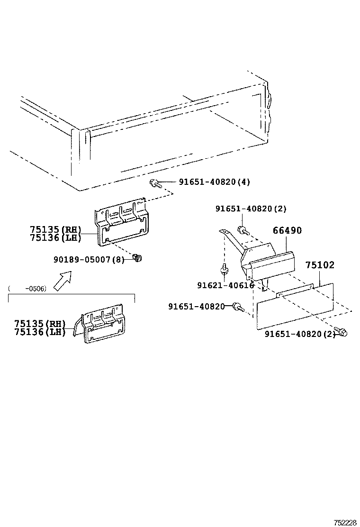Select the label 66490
tap(287, 231)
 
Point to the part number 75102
tap(319, 265)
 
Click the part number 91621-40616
tap(225, 285)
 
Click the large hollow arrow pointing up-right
tap(62, 280)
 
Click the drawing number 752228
tap(344, 523)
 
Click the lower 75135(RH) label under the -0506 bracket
tap(40, 324)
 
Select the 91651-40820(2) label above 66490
tap(251, 209)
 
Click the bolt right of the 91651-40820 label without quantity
tap(237, 307)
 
